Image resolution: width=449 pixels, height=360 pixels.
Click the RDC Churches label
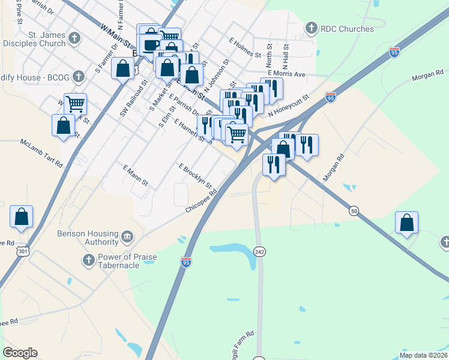(x=347, y=28)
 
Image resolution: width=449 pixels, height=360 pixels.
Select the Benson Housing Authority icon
(x=127, y=236)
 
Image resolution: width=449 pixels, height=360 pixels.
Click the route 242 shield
(x=259, y=250)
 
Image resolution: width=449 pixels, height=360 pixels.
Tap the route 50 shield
(x=354, y=211)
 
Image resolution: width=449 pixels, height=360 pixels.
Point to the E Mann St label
(x=135, y=175)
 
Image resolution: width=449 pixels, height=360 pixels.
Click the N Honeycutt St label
(x=289, y=105)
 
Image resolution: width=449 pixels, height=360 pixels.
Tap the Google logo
(x=20, y=352)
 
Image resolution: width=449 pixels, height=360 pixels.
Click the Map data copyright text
(x=423, y=355)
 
